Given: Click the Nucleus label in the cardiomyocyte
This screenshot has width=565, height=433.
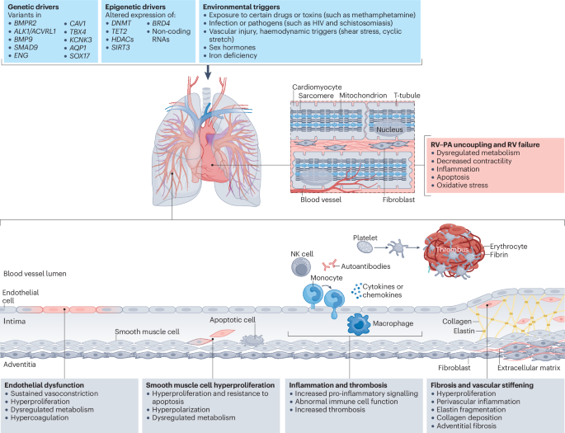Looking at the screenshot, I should click(x=388, y=129).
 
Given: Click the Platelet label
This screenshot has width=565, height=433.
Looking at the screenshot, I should click(x=365, y=237).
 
